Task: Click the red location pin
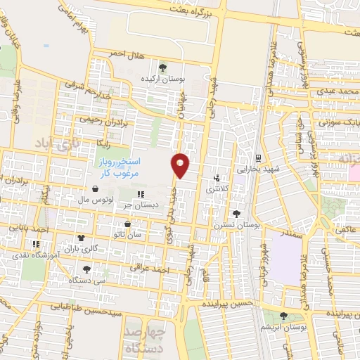pyautogui.click(x=181, y=165)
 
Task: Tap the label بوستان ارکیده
pyautogui.click(x=163, y=79)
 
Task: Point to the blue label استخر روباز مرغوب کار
pyautogui.click(x=118, y=167)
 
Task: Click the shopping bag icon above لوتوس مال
pyautogui.click(x=94, y=188)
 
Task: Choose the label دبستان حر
pyautogui.click(x=141, y=205)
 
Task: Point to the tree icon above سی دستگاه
pyautogui.click(x=86, y=269)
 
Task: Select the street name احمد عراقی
pyautogui.click(x=149, y=268)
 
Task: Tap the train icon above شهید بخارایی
pyautogui.click(x=259, y=158)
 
